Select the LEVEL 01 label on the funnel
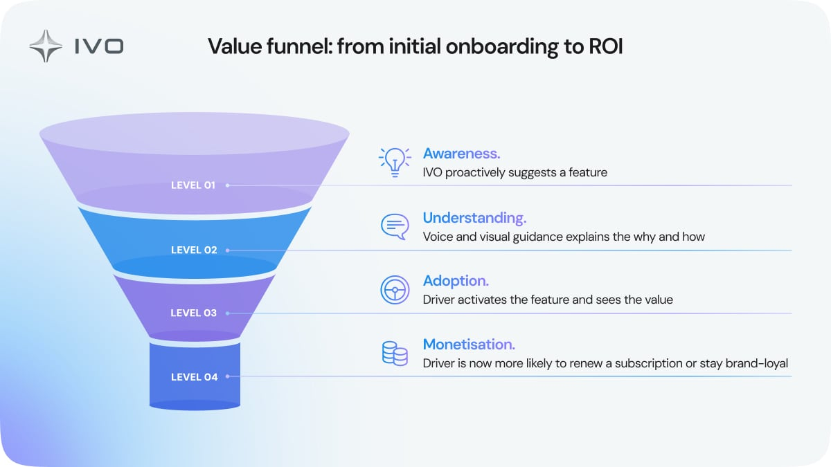tap(193, 185)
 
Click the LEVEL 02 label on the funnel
tap(194, 250)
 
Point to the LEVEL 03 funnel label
tap(194, 313)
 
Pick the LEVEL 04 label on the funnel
tap(194, 377)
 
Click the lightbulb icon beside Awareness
tap(395, 162)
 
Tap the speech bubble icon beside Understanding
tap(395, 226)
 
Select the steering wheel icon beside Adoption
tap(395, 289)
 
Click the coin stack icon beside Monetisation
tap(395, 353)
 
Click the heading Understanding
tap(474, 218)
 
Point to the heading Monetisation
tap(469, 344)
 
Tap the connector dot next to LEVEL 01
tap(227, 185)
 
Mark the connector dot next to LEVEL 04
tap(227, 377)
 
